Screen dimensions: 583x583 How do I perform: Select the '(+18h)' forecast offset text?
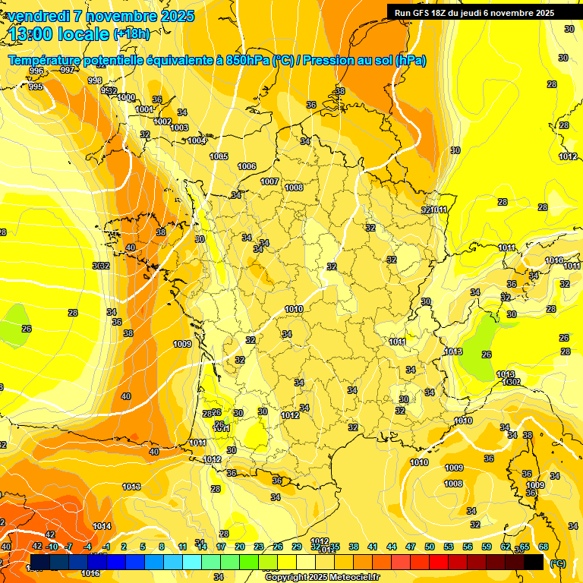pyautogui.click(x=131, y=34)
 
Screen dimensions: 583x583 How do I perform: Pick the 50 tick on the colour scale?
pyautogui.click(x=430, y=547)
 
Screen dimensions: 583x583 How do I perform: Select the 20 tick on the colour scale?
pyautogui.click(x=240, y=547)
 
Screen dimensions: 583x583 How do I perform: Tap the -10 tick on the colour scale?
pyautogui.click(x=52, y=547)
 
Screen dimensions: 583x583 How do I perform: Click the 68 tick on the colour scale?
pyautogui.click(x=544, y=547)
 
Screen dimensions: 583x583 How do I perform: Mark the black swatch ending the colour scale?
pyautogui.click(x=534, y=562)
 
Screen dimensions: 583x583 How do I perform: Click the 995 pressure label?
pyautogui.click(x=36, y=87)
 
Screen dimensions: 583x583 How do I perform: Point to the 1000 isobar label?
pyautogui.click(x=126, y=97)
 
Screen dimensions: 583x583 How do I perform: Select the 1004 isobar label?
pyautogui.click(x=197, y=140)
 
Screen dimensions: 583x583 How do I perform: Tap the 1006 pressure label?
pyautogui.click(x=247, y=166)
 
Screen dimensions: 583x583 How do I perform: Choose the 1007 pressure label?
pyautogui.click(x=269, y=181)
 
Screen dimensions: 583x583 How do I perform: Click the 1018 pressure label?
pyautogui.click(x=131, y=487)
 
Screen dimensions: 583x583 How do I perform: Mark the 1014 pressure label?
pyautogui.click(x=102, y=526)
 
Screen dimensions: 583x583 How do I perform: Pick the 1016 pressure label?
pyautogui.click(x=91, y=573)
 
